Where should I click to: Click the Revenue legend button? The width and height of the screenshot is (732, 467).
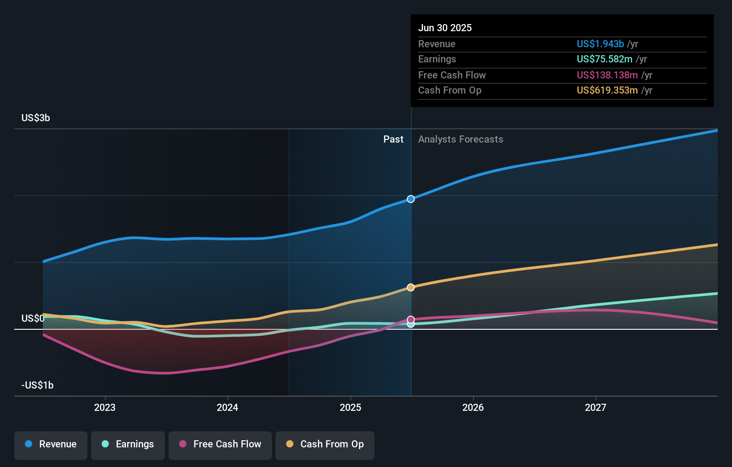tap(51, 445)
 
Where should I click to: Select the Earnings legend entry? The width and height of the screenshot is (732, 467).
tap(128, 445)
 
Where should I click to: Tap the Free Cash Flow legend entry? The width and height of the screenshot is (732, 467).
tap(220, 445)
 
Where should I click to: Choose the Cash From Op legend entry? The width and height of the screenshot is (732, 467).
tap(325, 445)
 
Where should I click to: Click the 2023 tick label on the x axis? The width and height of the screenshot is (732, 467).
tap(105, 408)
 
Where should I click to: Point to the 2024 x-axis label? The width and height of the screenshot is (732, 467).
tap(227, 408)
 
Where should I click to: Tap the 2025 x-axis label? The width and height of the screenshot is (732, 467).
tap(350, 408)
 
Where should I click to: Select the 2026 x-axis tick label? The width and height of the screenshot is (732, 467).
tap(473, 408)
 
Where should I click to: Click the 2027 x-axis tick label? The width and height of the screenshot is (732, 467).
tap(596, 408)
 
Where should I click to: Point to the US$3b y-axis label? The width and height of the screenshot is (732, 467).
tap(36, 118)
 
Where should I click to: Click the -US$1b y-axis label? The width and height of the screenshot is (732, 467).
tap(37, 385)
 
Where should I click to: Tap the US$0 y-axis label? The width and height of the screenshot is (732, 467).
tap(33, 319)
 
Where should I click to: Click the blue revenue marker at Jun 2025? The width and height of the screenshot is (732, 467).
tap(411, 199)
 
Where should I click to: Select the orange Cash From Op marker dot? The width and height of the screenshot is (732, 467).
tap(411, 287)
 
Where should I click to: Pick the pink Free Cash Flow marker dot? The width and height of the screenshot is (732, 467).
tap(411, 320)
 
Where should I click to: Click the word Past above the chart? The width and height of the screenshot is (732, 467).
tap(393, 139)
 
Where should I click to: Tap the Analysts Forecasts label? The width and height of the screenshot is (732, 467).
tap(461, 139)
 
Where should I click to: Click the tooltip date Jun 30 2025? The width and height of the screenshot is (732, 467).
tap(445, 28)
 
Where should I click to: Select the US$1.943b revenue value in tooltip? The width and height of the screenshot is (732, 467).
tap(600, 44)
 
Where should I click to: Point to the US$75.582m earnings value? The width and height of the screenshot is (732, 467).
tap(605, 59)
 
